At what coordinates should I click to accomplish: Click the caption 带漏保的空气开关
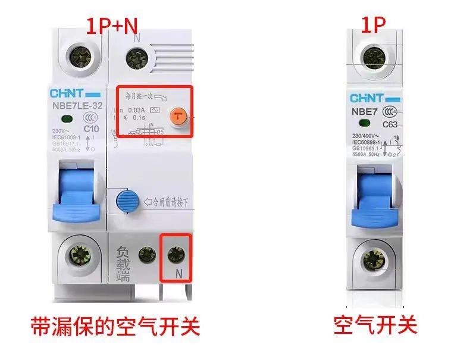coord(115,325)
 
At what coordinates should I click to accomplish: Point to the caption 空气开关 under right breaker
coord(375,325)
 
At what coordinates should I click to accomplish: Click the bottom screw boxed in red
coord(175,255)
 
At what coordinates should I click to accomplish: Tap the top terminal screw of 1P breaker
coord(374,58)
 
